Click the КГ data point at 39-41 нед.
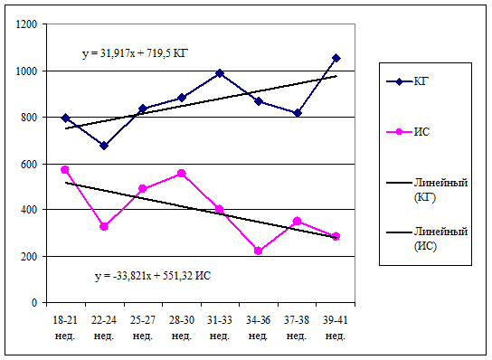336,58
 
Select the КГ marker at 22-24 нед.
104,146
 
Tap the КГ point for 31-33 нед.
220,73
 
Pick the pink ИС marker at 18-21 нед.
65,170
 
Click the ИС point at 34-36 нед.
259,251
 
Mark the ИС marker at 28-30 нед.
182,174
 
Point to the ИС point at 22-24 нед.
104,227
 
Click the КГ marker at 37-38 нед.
298,113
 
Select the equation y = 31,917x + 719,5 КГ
136,53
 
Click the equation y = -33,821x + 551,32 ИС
153,276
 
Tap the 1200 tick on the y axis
26,24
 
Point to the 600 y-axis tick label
29,164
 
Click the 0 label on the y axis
34,303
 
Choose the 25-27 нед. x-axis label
143,328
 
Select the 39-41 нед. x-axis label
336,328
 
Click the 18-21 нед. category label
65,328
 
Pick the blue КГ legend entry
408,81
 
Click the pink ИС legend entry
408,132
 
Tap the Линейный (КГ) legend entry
427,190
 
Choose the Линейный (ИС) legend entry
427,239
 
